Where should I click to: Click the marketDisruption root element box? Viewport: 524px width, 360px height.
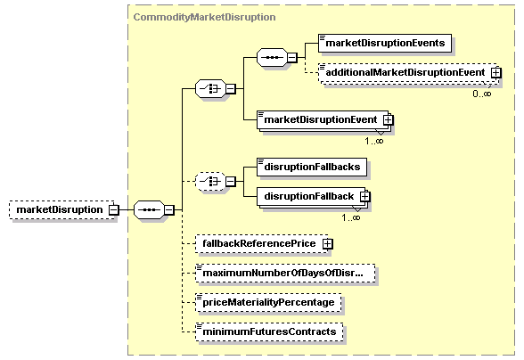(x=61, y=210)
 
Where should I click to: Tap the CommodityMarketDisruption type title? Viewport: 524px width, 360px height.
(x=205, y=17)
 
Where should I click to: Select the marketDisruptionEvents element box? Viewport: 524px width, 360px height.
(x=385, y=43)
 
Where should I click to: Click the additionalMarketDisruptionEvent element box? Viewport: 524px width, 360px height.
(x=408, y=72)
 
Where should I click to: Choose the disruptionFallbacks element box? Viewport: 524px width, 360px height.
(x=312, y=168)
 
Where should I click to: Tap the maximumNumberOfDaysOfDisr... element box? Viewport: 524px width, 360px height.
(x=285, y=273)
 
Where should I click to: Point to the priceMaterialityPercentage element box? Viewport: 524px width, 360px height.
(x=268, y=302)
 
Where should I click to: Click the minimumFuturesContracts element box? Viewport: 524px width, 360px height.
(x=269, y=331)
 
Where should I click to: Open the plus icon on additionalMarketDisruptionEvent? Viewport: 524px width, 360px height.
(x=496, y=72)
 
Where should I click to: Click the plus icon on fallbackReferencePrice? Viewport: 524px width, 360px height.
(x=328, y=244)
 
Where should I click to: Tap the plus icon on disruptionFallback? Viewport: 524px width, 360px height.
(x=365, y=197)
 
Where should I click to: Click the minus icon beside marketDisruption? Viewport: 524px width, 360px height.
(x=114, y=210)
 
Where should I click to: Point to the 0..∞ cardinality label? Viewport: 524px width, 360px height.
(x=481, y=94)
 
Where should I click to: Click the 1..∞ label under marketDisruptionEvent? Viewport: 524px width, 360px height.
(x=374, y=142)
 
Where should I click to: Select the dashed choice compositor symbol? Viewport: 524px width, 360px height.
(x=210, y=182)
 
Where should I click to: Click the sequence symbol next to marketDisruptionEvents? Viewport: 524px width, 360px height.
(x=272, y=58)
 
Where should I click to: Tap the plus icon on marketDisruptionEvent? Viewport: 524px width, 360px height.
(x=388, y=120)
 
